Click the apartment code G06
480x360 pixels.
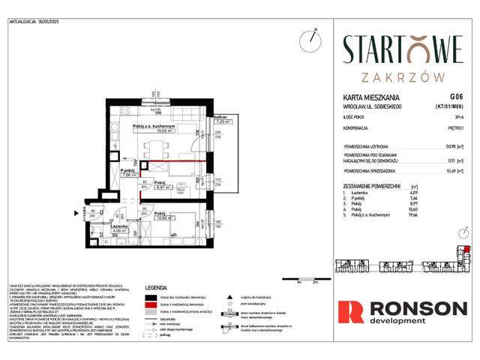pyautogui.click(x=456, y=97)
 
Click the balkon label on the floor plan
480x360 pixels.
pyautogui.click(x=220, y=118)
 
